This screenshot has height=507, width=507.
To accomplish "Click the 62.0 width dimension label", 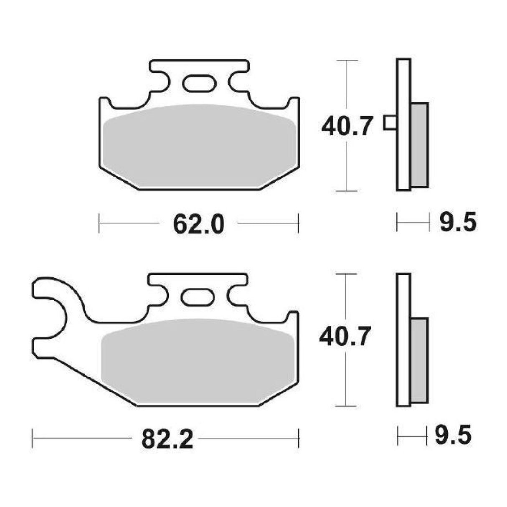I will pyautogui.click(x=198, y=224).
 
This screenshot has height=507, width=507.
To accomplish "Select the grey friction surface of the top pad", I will pyautogui.click(x=200, y=146).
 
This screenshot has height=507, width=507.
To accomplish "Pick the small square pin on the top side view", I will pyautogui.click(x=390, y=122).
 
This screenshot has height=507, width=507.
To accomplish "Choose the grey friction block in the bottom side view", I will pyautogui.click(x=419, y=360).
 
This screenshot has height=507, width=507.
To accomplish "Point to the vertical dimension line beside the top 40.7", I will pyautogui.click(x=347, y=167).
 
